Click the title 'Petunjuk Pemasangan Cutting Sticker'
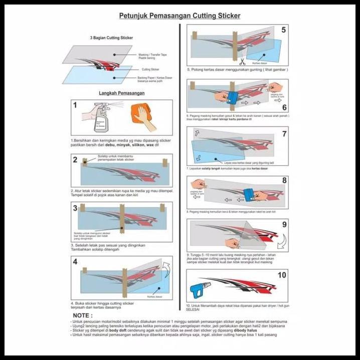[179, 16]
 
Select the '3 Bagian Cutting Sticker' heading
[111, 38]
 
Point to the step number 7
[284, 134]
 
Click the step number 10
[281, 275]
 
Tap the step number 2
[75, 160]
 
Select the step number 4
[75, 261]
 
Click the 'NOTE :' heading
[82, 315]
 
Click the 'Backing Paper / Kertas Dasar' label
[156, 78]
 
